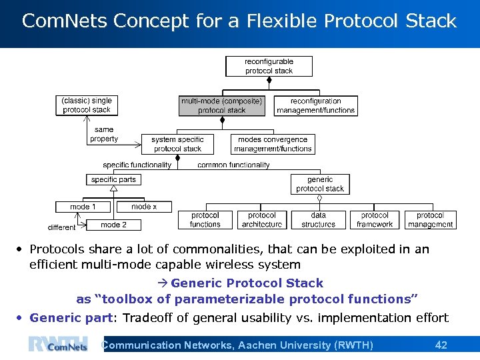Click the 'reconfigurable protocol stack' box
[269, 66]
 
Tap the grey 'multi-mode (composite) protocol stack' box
[221, 106]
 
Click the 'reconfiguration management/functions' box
[315, 106]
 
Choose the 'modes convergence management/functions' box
[273, 144]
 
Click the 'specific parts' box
[113, 179]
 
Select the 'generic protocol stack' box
[320, 184]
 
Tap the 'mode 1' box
[83, 207]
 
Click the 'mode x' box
[144, 207]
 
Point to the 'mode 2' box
[113, 225]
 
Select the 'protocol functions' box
[205, 220]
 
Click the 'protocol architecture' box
[262, 220]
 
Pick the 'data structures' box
[319, 220]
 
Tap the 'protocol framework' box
[375, 220]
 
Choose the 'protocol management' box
[430, 220]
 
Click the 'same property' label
[104, 134]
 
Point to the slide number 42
[441, 345]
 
